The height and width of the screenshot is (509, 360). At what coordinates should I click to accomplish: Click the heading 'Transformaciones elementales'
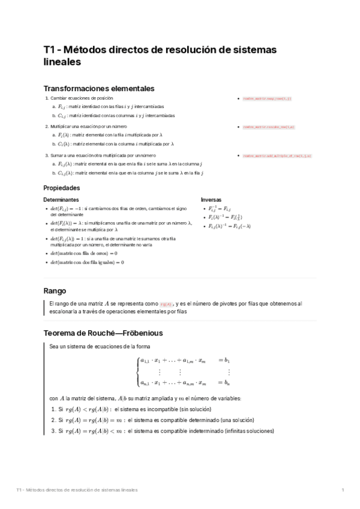pos(99,88)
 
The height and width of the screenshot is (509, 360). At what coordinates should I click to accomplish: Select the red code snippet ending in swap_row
pos(266,98)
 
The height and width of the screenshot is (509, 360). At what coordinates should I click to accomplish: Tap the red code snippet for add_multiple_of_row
pos(277,155)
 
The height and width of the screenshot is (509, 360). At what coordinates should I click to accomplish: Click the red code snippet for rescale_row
pos(268,127)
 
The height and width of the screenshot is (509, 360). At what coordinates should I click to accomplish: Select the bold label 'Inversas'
pos(211,199)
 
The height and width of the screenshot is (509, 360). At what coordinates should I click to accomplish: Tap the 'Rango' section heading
pos(55,291)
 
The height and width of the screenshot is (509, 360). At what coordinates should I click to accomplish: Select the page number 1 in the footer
pos(343,490)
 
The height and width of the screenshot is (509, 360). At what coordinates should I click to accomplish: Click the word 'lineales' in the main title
pos(62,61)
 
